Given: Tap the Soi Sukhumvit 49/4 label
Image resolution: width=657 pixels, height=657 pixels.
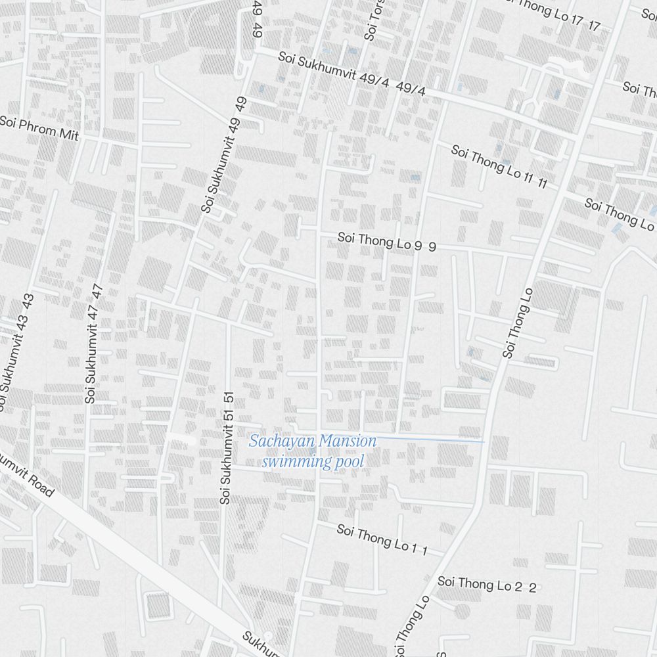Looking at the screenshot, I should click(x=351, y=74).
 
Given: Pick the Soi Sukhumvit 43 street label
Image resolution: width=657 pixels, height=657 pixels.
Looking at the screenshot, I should click(x=14, y=352).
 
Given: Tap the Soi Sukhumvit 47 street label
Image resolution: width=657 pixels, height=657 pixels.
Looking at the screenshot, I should click(x=93, y=343).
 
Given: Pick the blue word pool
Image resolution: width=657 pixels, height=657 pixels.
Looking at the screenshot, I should click(x=349, y=462).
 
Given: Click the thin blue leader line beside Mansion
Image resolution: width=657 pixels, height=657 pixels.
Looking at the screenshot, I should click(x=430, y=439).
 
